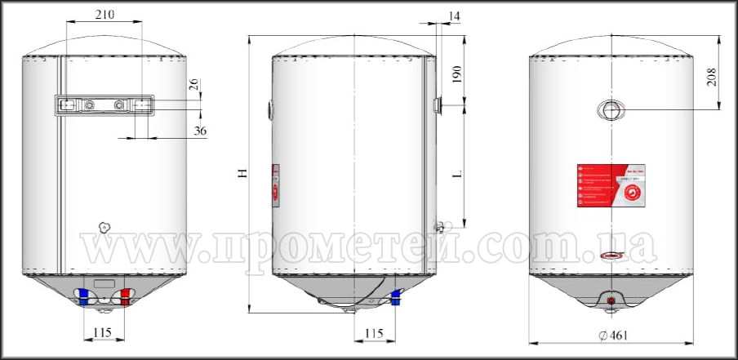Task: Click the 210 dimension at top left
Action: (104, 15)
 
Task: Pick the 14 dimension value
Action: (455, 15)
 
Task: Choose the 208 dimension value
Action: (712, 78)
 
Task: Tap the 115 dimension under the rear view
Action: (104, 333)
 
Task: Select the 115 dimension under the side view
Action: (373, 333)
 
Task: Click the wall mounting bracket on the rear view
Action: (104, 105)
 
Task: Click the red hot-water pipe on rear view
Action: (125, 298)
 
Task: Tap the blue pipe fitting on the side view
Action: (398, 297)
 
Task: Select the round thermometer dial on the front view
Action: (611, 110)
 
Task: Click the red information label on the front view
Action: (611, 184)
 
